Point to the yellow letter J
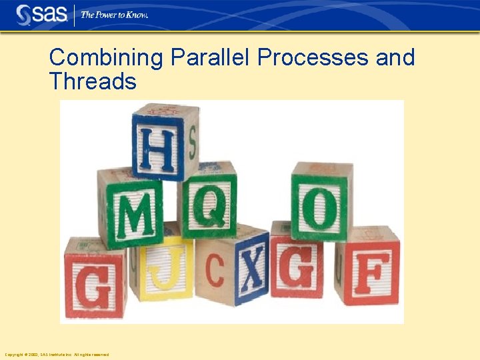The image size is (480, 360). [161, 270]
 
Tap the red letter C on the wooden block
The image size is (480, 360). [215, 271]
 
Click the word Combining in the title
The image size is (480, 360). [105, 58]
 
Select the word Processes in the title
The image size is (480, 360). [313, 58]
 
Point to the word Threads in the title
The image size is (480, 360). [93, 81]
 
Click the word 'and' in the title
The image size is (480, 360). [395, 58]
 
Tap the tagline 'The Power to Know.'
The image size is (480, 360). [114, 15]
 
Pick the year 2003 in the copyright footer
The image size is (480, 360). [33, 355]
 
